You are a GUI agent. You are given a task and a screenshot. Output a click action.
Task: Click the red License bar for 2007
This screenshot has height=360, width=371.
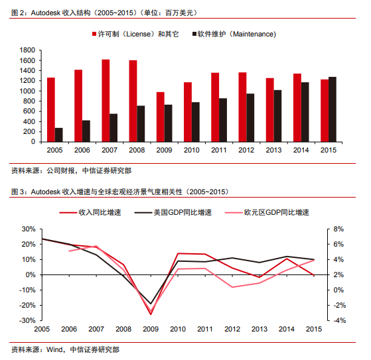pos(106,101)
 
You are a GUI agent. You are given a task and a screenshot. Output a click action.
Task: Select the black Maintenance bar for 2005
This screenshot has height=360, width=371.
pos(58,135)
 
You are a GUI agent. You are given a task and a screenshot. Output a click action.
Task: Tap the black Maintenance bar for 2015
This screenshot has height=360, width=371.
pos(333,109)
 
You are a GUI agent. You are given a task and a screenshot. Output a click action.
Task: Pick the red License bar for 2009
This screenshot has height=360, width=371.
pos(161,117)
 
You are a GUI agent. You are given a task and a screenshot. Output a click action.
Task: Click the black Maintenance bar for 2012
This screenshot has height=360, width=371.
pos(250,118)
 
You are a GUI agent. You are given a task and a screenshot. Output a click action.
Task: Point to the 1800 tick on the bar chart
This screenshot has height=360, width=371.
pos(27,50)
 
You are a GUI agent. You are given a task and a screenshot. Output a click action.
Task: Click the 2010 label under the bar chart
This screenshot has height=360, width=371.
pos(191,150)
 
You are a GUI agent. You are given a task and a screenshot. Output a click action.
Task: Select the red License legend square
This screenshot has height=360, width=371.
pos(94,34)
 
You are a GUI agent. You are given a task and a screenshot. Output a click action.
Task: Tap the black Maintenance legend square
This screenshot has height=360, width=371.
pos(194,34)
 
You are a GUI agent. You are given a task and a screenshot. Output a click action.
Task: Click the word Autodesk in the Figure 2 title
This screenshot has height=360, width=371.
pos(45,13)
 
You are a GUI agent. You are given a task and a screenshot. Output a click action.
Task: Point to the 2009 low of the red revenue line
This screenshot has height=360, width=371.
pos(151,314)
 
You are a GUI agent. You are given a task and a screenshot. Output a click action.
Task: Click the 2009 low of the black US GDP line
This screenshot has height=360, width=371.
pos(151,304)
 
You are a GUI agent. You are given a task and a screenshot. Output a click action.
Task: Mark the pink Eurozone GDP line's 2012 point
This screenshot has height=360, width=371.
pos(232,287)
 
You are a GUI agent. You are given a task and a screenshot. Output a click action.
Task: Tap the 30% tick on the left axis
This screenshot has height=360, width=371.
pos(29,229)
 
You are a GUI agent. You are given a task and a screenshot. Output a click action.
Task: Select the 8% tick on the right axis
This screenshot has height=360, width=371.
pos(338,229)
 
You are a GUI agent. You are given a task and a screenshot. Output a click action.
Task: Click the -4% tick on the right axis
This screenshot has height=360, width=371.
pos(340,320)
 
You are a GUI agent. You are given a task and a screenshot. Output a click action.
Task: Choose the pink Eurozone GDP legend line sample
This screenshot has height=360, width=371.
pos(234,213)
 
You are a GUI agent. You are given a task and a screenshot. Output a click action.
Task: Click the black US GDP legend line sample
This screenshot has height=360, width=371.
pos(143,213)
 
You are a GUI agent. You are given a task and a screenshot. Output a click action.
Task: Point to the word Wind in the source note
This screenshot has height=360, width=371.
pos(54,349)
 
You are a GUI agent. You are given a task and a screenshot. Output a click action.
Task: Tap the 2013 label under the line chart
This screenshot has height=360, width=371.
pos(260,329)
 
